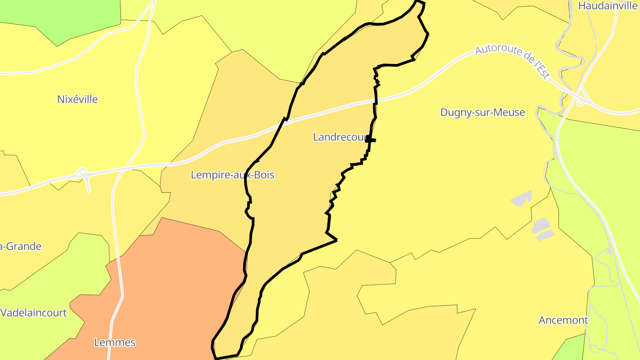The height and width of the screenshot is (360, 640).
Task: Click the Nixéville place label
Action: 77,99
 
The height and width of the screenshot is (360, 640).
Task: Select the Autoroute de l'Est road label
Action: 512,60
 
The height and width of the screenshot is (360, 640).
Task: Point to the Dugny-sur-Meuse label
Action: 483,112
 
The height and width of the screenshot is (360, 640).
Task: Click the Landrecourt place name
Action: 340,137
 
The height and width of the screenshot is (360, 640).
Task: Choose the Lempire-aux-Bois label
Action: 232,175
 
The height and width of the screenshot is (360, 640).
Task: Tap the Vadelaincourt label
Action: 33,312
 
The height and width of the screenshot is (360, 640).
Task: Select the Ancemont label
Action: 563,320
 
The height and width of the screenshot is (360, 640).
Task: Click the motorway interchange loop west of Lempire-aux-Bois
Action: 83,173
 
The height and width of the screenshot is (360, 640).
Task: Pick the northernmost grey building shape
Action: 522,198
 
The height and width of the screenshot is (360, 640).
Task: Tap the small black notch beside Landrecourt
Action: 371,140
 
